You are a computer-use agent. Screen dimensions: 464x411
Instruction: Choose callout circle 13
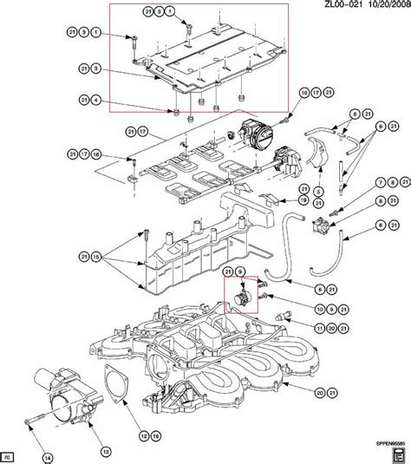tap(104, 428)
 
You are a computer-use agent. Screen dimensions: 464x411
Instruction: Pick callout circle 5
tap(319, 191)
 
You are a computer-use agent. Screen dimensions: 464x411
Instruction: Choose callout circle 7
tap(380, 183)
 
